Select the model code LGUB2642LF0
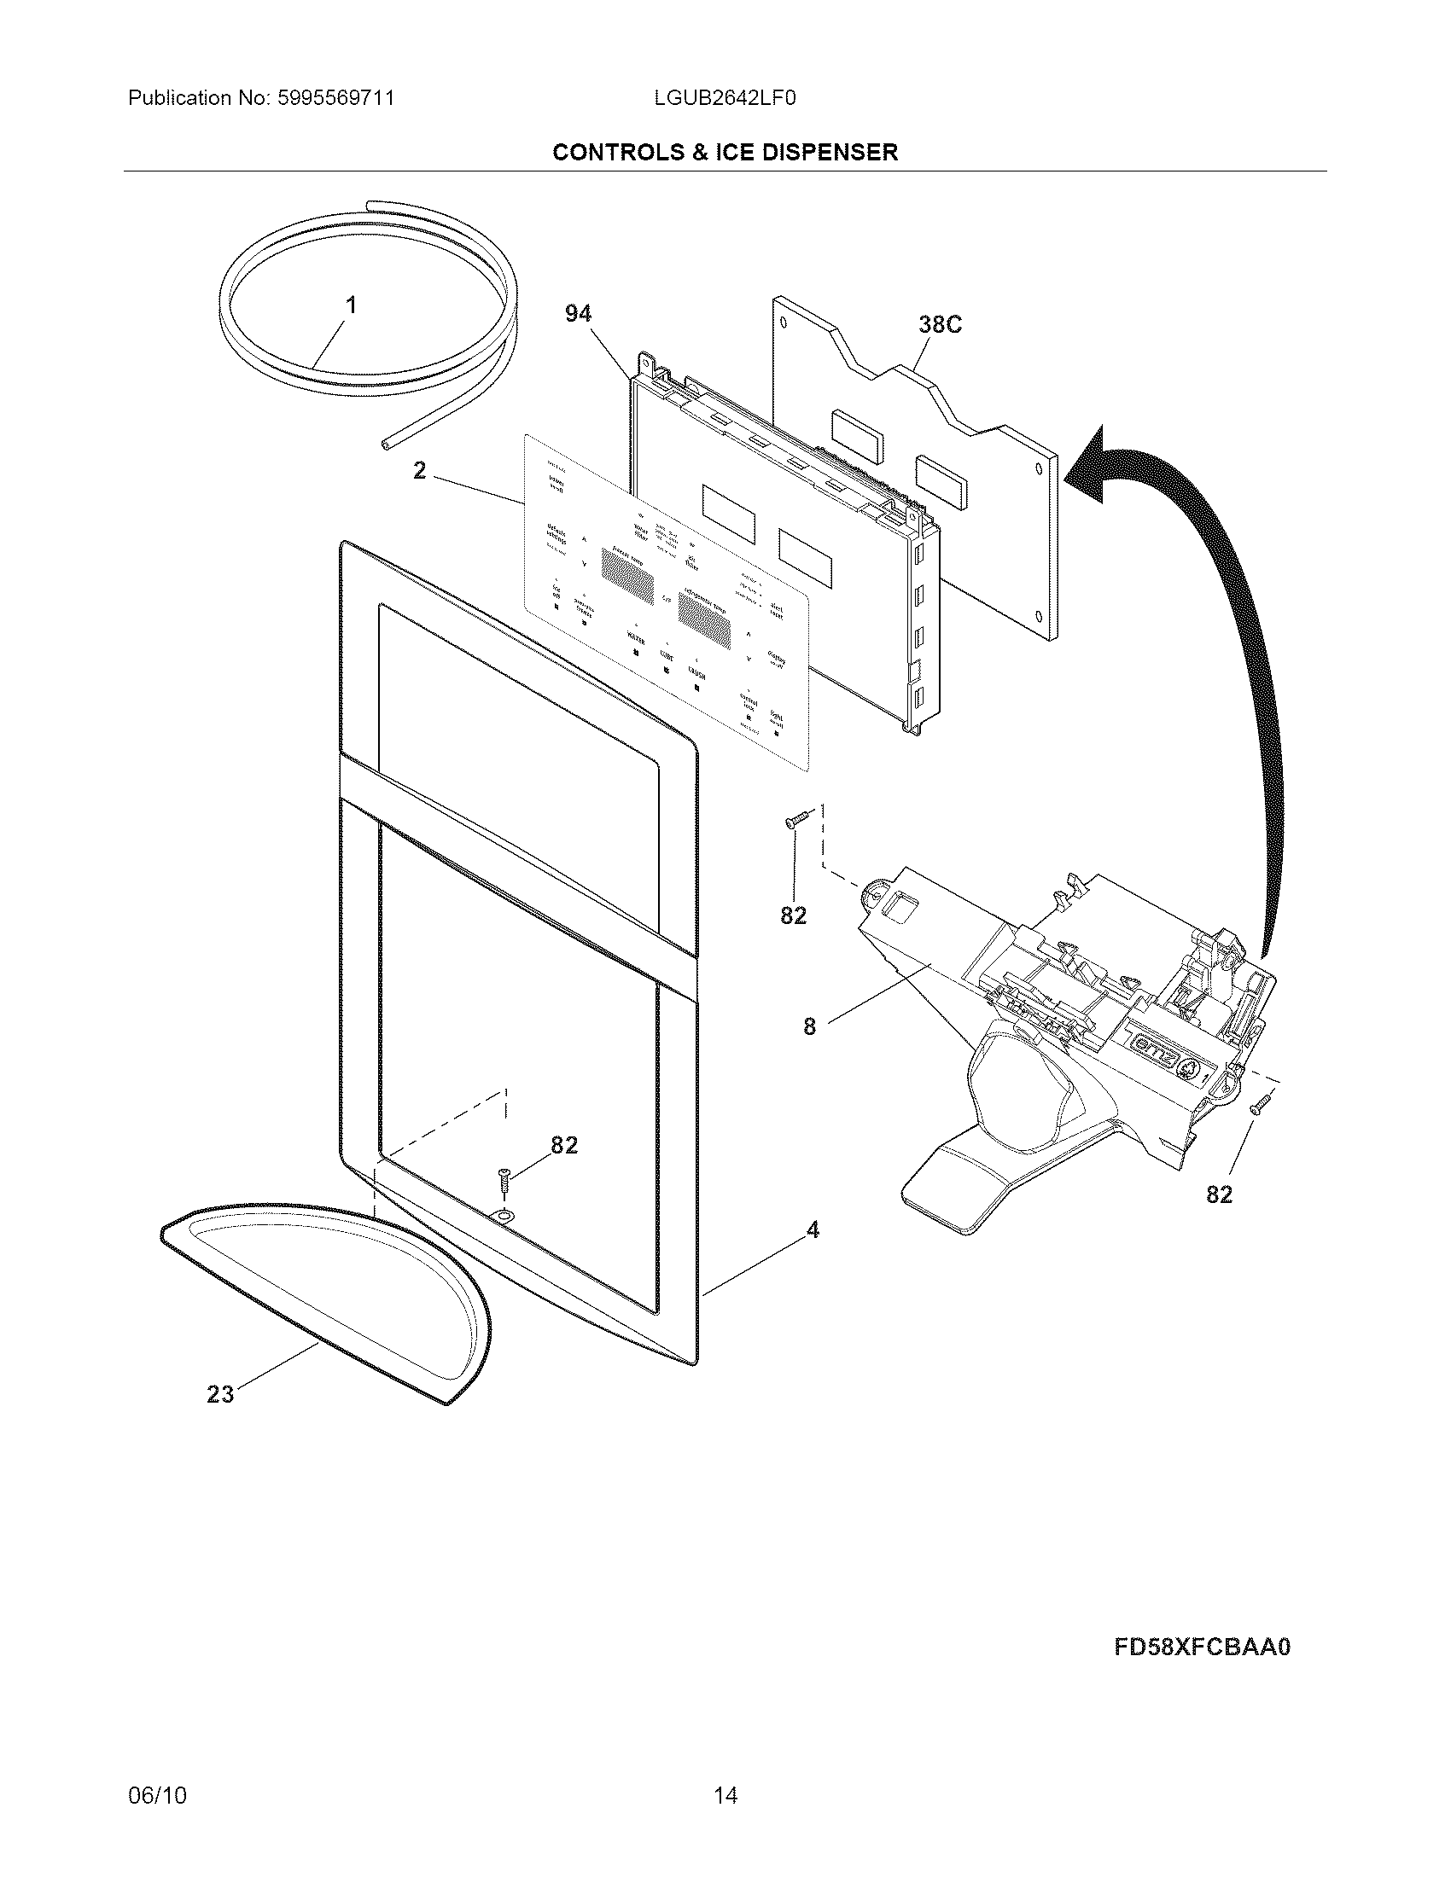[x=725, y=98]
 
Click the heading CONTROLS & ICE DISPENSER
[x=725, y=152]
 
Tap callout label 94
[x=578, y=315]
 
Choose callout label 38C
[x=940, y=325]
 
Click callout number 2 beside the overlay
[x=419, y=471]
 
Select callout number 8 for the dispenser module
[x=809, y=1026]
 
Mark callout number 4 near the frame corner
[x=813, y=1230]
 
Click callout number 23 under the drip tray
[x=220, y=1394]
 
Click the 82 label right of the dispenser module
[x=1219, y=1194]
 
